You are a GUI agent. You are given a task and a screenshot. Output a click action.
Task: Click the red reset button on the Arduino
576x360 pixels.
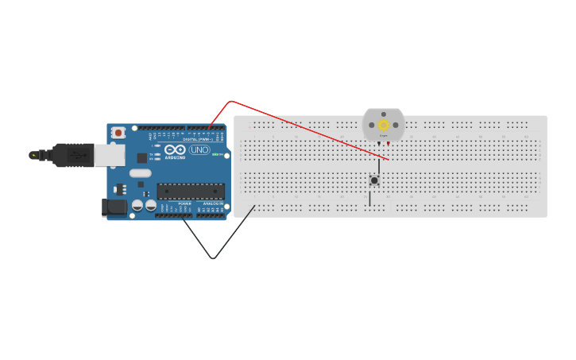tap(118, 133)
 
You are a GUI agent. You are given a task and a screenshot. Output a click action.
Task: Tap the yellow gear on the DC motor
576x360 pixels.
tap(383, 125)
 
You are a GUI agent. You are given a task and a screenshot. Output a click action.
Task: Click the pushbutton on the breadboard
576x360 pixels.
tap(373, 180)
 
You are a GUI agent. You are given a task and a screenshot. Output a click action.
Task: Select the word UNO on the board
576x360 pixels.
tap(199, 149)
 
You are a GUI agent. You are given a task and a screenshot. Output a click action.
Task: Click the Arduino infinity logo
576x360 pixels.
tap(175, 149)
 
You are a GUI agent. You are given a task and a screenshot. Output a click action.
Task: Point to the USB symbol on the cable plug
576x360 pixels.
tap(78, 155)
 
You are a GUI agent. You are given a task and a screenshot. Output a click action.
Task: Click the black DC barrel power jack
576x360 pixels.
tap(114, 207)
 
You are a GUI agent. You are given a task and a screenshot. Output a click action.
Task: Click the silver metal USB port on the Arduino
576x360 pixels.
tap(110, 154)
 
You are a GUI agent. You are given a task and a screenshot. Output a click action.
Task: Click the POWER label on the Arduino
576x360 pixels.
tap(184, 203)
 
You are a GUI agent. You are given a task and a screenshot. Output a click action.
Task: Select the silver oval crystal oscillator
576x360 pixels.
tap(140, 172)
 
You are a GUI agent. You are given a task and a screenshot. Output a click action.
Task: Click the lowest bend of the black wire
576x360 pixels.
tap(213, 258)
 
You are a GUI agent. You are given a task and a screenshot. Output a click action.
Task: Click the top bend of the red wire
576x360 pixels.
tap(230, 101)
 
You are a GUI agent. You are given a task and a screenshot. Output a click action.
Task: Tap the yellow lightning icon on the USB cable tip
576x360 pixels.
tap(33, 155)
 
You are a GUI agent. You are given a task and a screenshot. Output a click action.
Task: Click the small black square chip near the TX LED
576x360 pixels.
tap(141, 157)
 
